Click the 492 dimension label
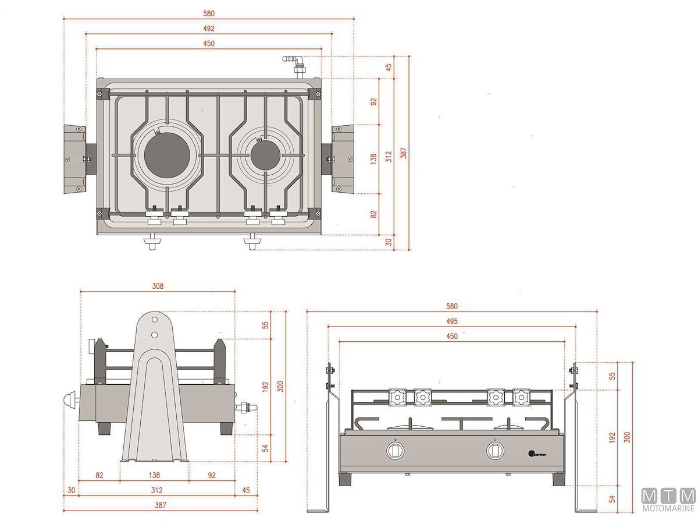tap(209, 29)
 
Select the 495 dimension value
tap(452, 321)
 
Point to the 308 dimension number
tap(158, 286)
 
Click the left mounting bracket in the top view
tap(75, 159)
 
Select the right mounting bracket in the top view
tap(343, 158)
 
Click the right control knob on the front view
tap(495, 450)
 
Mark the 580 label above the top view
tap(209, 13)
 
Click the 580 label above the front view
tap(452, 306)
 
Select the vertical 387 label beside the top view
tap(403, 153)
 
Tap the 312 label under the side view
tap(156, 490)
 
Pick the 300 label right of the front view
tap(626, 437)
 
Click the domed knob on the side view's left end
tap(70, 402)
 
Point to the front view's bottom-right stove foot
tap(557, 479)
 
